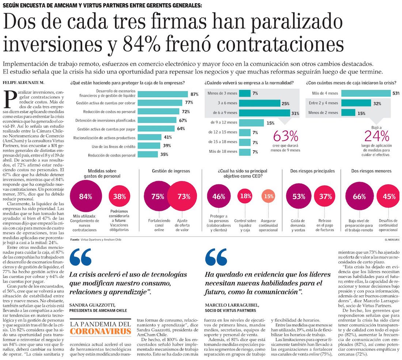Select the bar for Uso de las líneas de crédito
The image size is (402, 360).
pos(144,146)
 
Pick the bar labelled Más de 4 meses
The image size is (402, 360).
pos(363,93)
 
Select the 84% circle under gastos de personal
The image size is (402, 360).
pos(86,196)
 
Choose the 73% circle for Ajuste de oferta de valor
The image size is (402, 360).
pos(183,196)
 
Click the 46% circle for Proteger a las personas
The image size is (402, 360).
pos(219,196)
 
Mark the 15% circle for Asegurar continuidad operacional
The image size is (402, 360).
pos(269,196)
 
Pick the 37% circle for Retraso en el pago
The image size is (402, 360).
pos(325,196)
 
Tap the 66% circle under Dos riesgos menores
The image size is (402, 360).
pos(359,196)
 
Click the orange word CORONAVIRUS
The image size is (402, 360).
pos(100,332)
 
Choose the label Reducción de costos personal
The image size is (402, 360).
pos(107,155)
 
